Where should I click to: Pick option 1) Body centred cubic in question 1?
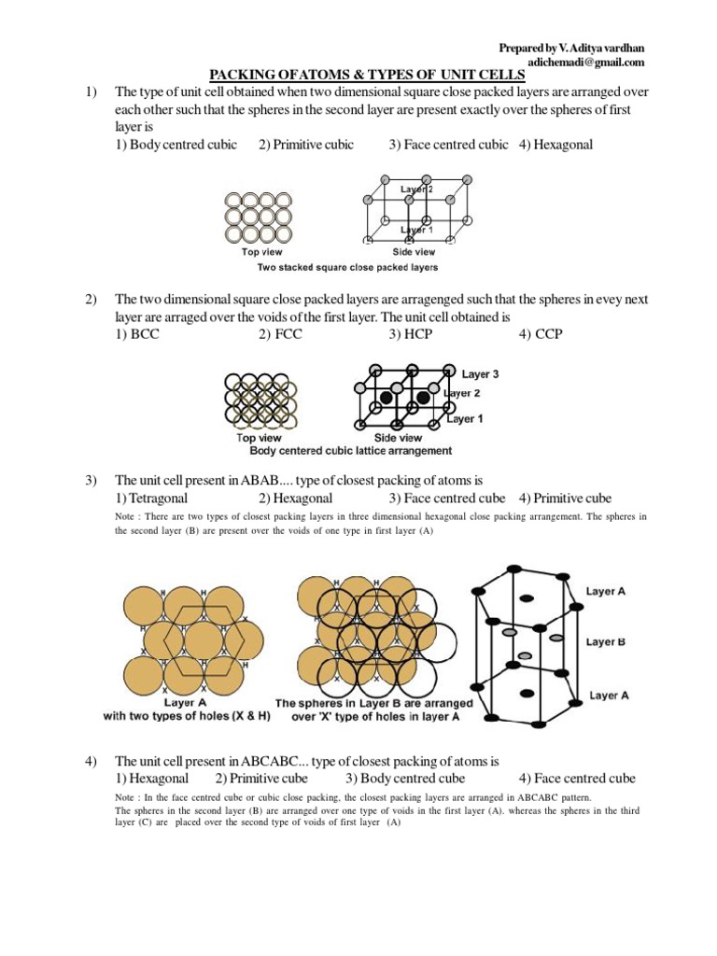(x=176, y=145)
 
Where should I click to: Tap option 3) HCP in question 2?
(x=411, y=334)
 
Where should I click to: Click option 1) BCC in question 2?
(x=137, y=334)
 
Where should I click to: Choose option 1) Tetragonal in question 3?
(x=151, y=498)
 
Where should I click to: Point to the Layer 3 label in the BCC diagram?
(x=480, y=374)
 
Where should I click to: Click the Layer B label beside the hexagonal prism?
(x=606, y=641)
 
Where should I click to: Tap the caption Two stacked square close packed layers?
(x=347, y=267)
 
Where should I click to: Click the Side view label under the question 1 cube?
(x=414, y=252)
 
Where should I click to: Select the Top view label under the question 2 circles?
(x=259, y=437)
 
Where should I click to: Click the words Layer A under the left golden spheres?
(x=187, y=702)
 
